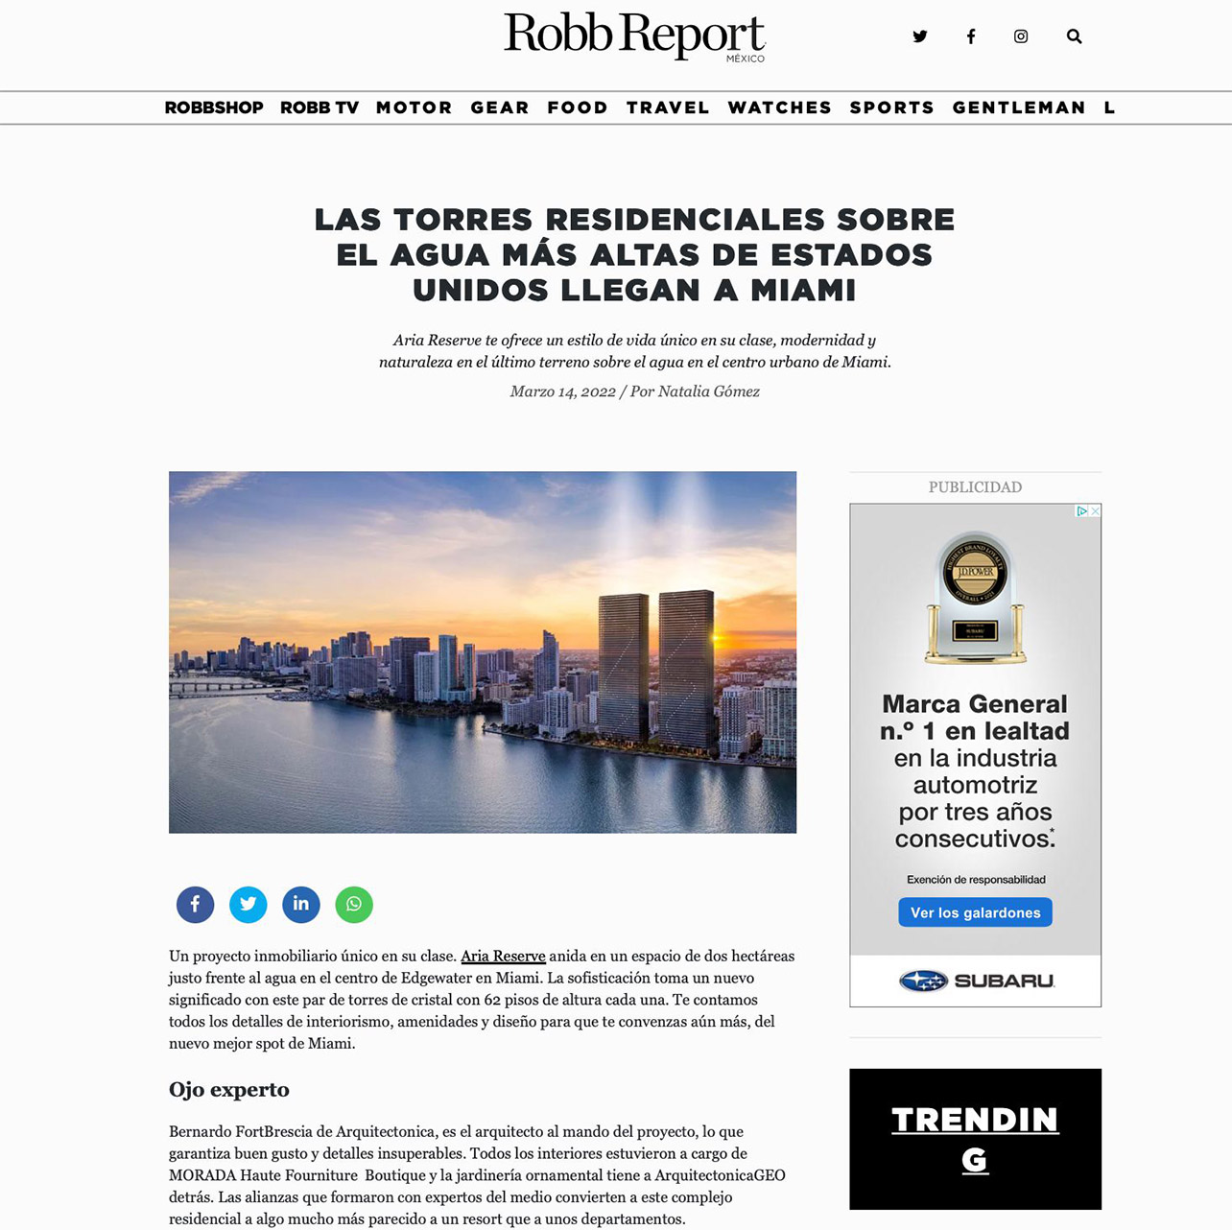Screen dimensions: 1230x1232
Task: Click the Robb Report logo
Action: click(x=634, y=35)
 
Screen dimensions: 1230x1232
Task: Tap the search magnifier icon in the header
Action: click(x=1074, y=36)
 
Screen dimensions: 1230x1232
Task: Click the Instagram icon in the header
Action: click(x=1021, y=36)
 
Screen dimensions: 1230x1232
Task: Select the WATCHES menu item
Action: click(x=779, y=107)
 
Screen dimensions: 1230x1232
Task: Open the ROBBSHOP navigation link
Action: click(x=214, y=107)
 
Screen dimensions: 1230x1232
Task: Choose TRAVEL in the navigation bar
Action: click(x=668, y=107)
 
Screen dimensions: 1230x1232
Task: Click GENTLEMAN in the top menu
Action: click(x=1018, y=107)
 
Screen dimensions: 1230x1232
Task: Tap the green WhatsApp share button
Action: click(x=354, y=904)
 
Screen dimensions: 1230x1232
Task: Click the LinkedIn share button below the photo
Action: click(x=300, y=904)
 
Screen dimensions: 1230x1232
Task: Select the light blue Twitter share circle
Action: click(x=248, y=904)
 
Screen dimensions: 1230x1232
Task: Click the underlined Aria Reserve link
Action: click(x=503, y=956)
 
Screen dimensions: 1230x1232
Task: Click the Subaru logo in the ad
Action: click(x=976, y=981)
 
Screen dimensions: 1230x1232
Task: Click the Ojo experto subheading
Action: click(x=229, y=1089)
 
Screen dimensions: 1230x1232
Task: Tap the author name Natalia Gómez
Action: click(x=708, y=391)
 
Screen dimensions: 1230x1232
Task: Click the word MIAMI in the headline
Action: click(x=803, y=290)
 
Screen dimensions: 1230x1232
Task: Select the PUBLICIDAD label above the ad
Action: click(x=975, y=486)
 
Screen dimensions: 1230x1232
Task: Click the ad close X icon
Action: click(x=1096, y=511)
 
